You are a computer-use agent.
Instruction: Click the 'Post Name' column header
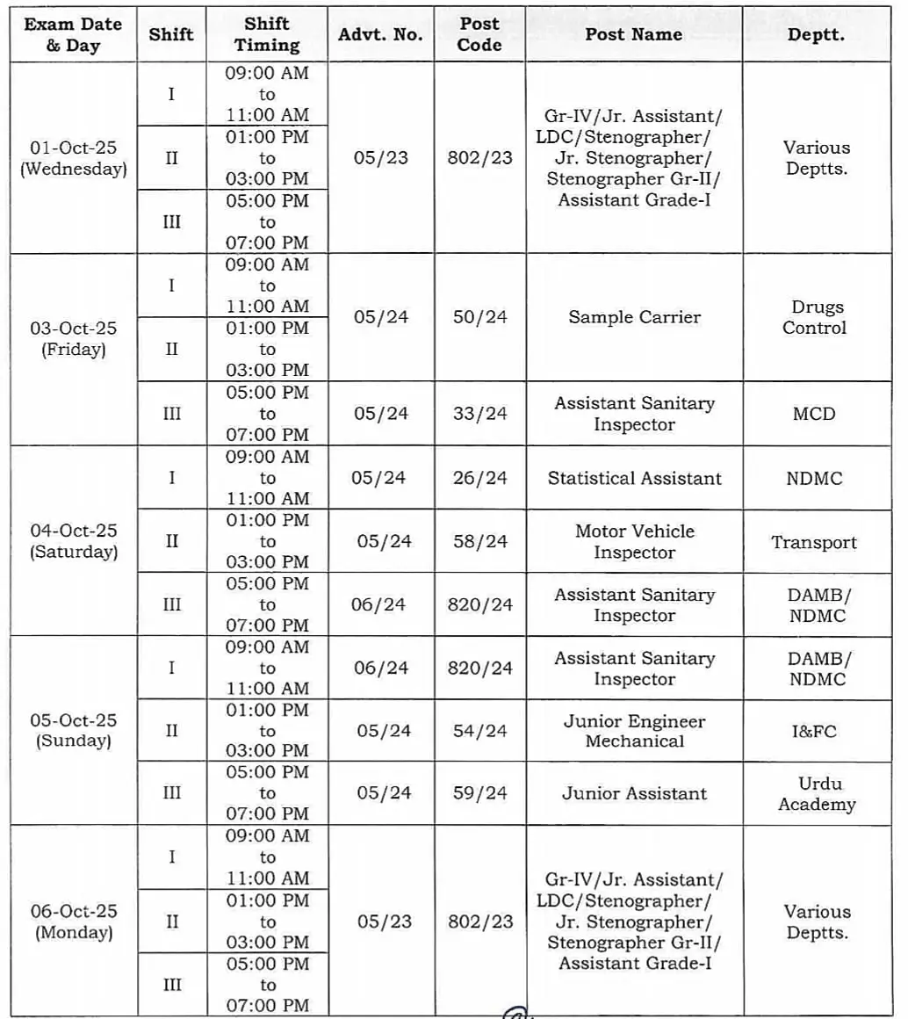633,34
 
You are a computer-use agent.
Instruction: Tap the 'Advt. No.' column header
380,34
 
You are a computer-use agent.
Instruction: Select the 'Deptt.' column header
816,34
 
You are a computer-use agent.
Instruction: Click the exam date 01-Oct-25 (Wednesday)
74,158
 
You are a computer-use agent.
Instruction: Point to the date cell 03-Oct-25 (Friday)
74,339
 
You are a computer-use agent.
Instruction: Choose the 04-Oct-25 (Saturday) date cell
74,541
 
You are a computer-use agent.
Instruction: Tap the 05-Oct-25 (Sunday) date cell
74,730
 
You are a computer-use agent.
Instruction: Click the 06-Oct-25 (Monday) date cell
74,921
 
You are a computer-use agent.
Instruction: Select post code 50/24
479,317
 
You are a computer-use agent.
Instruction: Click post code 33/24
479,413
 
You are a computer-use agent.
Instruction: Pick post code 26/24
479,478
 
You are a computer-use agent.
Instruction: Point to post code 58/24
479,541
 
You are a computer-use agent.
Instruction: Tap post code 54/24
479,731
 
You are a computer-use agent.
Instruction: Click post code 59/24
479,793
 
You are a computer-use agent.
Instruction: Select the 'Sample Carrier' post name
634,317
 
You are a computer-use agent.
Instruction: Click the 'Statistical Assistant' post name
634,478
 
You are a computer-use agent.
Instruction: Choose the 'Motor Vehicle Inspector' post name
634,541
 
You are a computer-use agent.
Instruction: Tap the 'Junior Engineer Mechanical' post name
634,731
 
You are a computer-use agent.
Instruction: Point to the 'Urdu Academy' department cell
816,793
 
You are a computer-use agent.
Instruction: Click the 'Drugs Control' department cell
815,317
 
